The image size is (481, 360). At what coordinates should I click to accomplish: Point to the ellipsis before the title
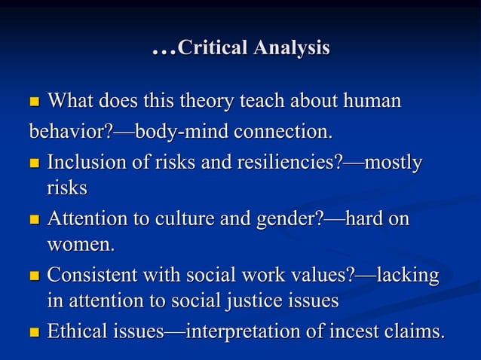point(163,51)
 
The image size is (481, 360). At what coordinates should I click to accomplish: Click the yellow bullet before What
point(35,102)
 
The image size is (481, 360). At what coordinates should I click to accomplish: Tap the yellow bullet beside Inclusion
point(35,163)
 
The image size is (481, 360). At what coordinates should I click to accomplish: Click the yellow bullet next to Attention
point(35,220)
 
